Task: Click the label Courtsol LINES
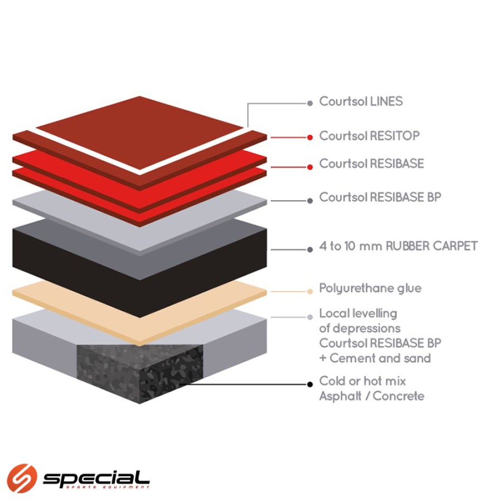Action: pyautogui.click(x=360, y=102)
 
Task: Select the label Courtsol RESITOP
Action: pyautogui.click(x=369, y=136)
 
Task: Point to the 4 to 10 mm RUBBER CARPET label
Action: pyautogui.click(x=398, y=246)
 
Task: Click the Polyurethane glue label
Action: pyautogui.click(x=370, y=288)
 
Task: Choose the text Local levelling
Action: pyautogui.click(x=358, y=313)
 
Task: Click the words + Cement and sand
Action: pyautogui.click(x=375, y=358)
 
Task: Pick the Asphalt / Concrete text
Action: pyautogui.click(x=371, y=397)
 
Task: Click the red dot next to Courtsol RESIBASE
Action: pyautogui.click(x=310, y=167)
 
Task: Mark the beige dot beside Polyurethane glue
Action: pyautogui.click(x=310, y=291)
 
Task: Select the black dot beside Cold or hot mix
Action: pyautogui.click(x=310, y=384)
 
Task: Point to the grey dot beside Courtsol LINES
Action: pyautogui.click(x=310, y=103)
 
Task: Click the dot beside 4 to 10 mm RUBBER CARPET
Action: pyautogui.click(x=310, y=249)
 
